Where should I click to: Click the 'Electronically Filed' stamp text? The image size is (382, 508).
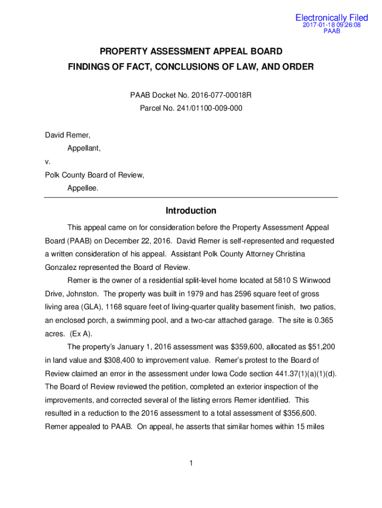point(332,18)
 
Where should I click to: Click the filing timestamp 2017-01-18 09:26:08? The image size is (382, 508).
point(332,25)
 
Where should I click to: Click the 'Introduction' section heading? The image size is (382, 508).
point(191,211)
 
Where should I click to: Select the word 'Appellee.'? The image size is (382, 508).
point(83,188)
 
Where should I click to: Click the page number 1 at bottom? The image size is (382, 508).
point(191,463)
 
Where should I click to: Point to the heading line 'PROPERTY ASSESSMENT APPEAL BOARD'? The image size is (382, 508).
point(191,52)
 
